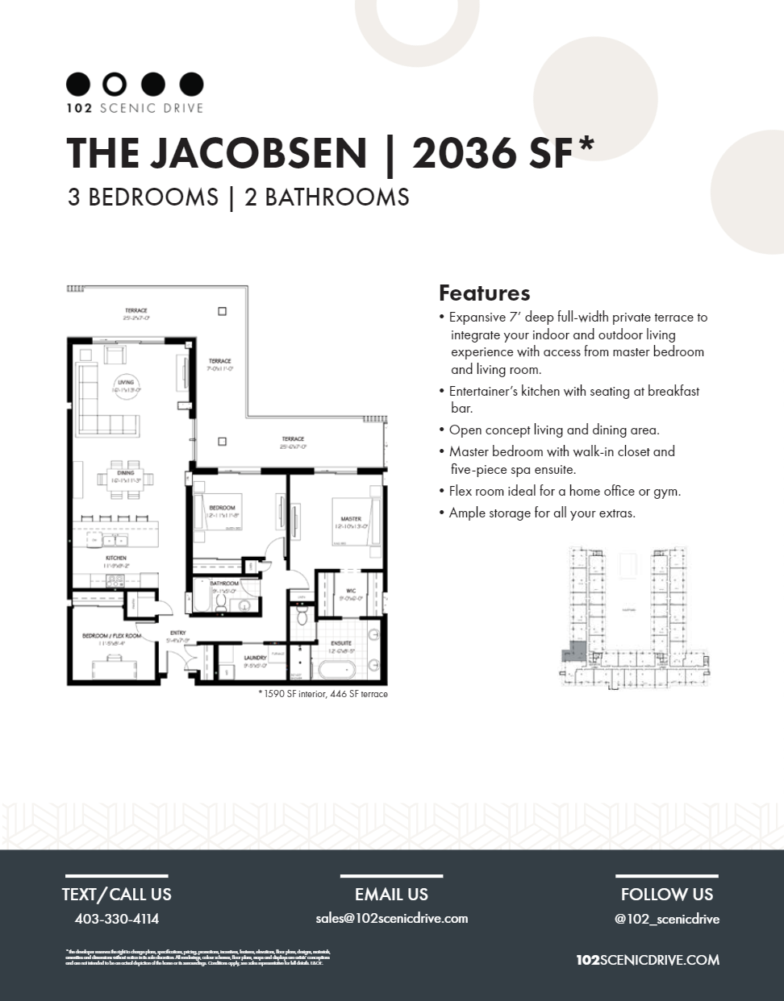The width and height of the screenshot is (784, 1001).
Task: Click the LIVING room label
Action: point(125,383)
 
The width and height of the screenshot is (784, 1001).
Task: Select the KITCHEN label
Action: point(115,558)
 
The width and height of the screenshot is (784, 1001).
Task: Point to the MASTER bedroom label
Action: point(350,519)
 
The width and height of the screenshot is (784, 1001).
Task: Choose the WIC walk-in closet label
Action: point(351,591)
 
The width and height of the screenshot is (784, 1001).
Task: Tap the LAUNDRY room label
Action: point(255,658)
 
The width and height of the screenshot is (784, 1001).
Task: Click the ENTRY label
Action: point(177,633)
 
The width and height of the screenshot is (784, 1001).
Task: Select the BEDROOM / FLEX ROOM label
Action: point(111,636)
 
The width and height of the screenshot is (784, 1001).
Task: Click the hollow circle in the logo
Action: point(115,83)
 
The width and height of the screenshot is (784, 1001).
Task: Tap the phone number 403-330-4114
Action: point(116,918)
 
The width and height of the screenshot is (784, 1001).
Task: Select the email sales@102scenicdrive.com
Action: point(391,918)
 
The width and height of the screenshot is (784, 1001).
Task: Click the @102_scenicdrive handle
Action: point(666,919)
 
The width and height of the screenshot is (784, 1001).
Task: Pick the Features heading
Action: point(484,292)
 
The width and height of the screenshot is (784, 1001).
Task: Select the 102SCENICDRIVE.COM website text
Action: point(648,960)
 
